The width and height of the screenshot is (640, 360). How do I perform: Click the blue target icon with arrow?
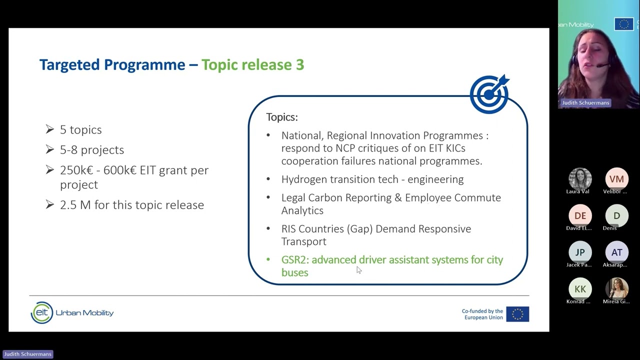(489, 94)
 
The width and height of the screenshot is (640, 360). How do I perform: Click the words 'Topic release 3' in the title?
(252, 64)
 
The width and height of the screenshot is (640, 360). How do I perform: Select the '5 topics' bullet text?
(80, 129)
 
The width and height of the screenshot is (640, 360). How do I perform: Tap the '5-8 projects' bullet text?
(91, 149)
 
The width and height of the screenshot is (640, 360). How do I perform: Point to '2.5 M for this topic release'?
(131, 205)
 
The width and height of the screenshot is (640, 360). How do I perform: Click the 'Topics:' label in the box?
(282, 117)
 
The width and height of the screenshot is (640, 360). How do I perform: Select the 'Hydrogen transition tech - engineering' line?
(372, 179)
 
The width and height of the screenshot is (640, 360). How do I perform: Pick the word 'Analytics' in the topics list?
(302, 210)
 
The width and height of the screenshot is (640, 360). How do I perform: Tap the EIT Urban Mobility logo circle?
(41, 313)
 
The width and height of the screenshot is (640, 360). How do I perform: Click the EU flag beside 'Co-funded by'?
(517, 314)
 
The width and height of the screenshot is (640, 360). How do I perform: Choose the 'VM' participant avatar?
(616, 179)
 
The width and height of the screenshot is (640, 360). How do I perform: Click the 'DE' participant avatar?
(580, 215)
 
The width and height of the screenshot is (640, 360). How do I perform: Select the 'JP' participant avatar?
(580, 252)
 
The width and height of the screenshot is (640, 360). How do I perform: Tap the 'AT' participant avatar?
(616, 252)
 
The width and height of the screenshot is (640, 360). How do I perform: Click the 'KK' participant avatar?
(580, 288)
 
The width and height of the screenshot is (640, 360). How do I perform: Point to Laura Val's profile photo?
(580, 179)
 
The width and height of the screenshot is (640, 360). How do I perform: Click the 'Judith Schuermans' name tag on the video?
(585, 103)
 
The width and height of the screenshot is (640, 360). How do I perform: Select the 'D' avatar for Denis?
(616, 215)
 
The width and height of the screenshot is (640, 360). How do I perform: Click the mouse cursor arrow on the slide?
(358, 270)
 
